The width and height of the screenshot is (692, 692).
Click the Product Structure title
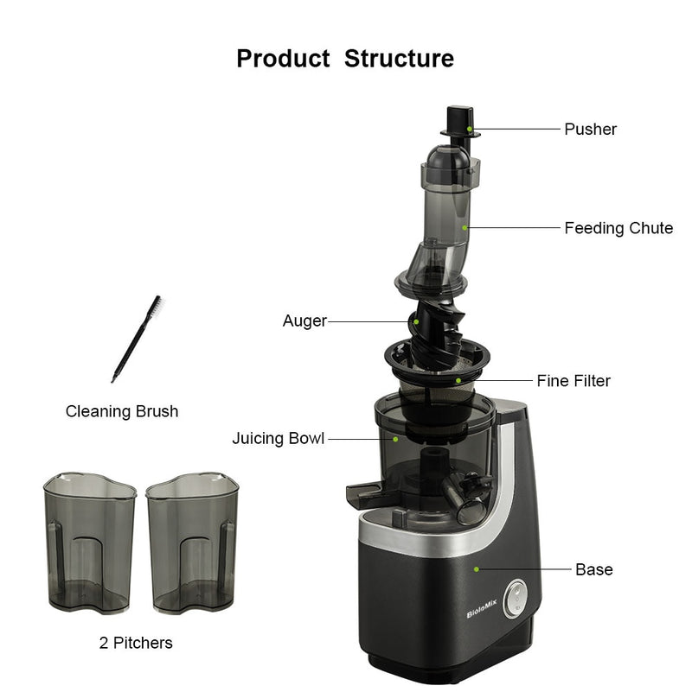pyautogui.click(x=345, y=59)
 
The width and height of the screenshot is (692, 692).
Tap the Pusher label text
pyautogui.click(x=590, y=130)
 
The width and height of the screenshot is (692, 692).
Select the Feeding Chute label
pyautogui.click(x=618, y=228)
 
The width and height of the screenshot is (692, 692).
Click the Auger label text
pyautogui.click(x=304, y=321)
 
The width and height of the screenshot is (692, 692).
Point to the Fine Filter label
pyautogui.click(x=573, y=381)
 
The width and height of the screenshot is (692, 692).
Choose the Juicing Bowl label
pyautogui.click(x=278, y=439)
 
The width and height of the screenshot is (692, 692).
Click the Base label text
pyautogui.click(x=593, y=569)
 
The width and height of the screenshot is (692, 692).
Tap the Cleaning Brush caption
pyautogui.click(x=122, y=411)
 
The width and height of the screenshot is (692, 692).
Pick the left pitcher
pyautogui.click(x=89, y=543)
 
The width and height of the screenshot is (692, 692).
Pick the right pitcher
pyautogui.click(x=191, y=543)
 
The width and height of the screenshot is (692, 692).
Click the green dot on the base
pyautogui.click(x=476, y=568)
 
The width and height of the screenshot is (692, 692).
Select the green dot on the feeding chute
pyautogui.click(x=465, y=228)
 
